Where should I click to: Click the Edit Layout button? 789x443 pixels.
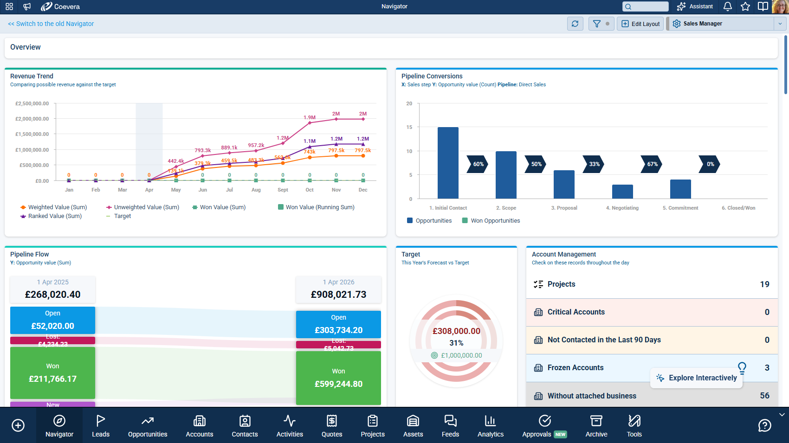click(640, 24)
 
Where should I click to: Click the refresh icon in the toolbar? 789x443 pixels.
click(575, 24)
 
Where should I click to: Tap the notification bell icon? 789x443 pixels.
click(728, 6)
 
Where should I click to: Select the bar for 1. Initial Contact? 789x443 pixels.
click(448, 163)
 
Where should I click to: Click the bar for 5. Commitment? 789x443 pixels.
click(680, 189)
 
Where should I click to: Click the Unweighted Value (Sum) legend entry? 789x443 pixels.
click(146, 207)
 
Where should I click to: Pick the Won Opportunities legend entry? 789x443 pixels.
click(495, 221)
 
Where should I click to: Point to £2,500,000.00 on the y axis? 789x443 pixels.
click(32, 103)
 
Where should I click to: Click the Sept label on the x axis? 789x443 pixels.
click(283, 190)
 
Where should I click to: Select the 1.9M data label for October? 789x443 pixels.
click(310, 117)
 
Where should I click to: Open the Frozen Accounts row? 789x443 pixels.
click(576, 368)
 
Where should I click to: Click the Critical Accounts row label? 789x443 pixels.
click(576, 312)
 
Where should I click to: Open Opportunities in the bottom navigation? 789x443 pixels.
click(148, 426)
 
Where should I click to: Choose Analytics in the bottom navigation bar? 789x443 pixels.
click(491, 426)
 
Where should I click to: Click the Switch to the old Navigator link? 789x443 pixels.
click(51, 24)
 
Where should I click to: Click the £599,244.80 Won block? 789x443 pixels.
click(338, 378)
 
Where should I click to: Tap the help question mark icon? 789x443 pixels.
click(764, 425)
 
